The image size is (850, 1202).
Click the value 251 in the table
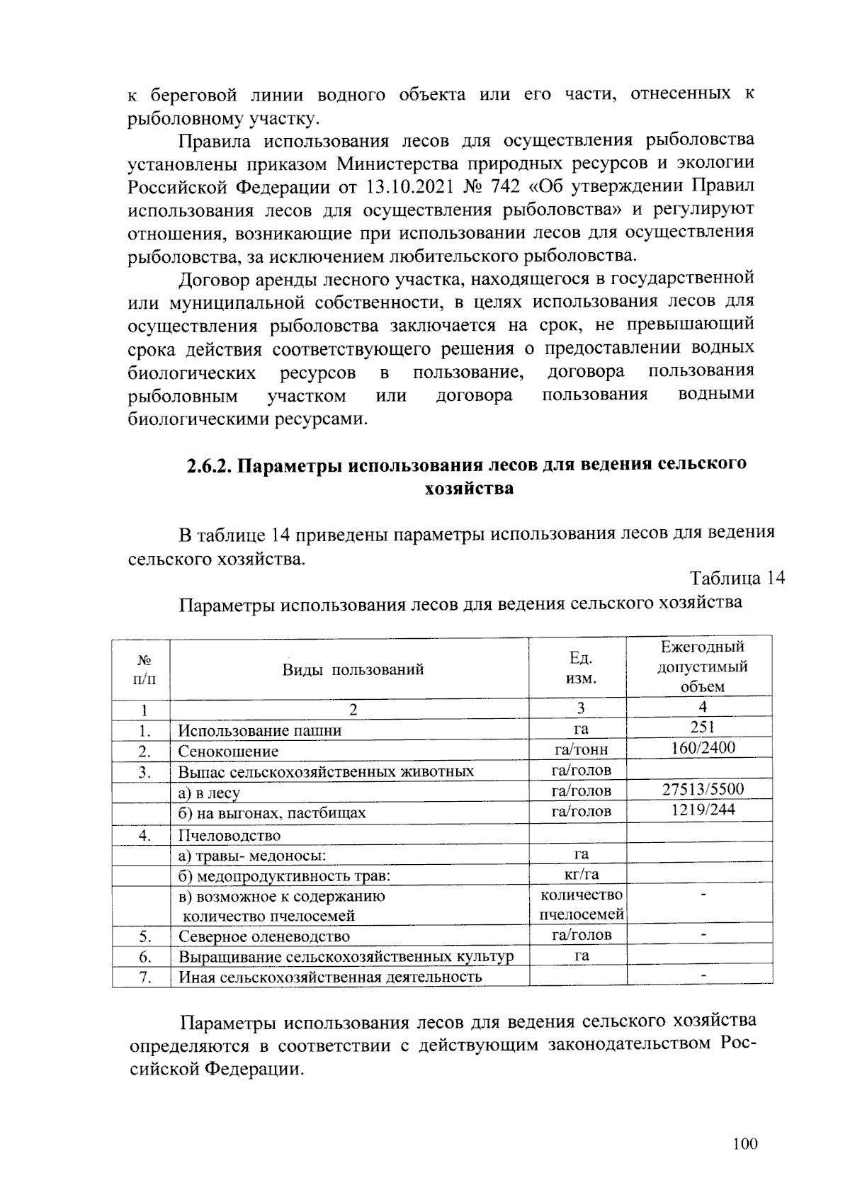(x=702, y=727)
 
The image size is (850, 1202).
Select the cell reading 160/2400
(x=702, y=748)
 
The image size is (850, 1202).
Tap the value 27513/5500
(x=702, y=790)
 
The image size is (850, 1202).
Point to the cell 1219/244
(x=702, y=810)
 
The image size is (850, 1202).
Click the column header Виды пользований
(x=353, y=669)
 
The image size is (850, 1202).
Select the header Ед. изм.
(x=581, y=668)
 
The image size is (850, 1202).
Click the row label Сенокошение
(x=228, y=752)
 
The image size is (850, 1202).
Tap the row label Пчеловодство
(x=229, y=836)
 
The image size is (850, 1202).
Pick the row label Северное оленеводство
(x=263, y=937)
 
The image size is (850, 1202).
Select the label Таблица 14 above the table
(x=737, y=578)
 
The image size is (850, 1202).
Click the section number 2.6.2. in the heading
(x=210, y=465)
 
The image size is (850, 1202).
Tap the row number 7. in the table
(x=145, y=977)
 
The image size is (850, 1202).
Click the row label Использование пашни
(x=259, y=731)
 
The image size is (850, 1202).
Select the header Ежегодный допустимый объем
(x=702, y=667)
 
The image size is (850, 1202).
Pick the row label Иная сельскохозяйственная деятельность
(x=329, y=977)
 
